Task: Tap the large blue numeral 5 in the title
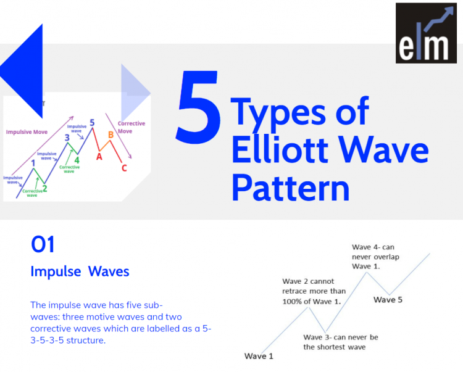coord(198,106)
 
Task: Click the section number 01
coord(43,245)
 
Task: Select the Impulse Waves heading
coord(80,271)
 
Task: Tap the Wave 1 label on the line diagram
coord(259,357)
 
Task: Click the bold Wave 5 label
coord(388,300)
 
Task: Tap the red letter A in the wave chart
coord(99,157)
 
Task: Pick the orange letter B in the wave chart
coord(111,134)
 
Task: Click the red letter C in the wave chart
coord(124,168)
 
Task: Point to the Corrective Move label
coord(131,127)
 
